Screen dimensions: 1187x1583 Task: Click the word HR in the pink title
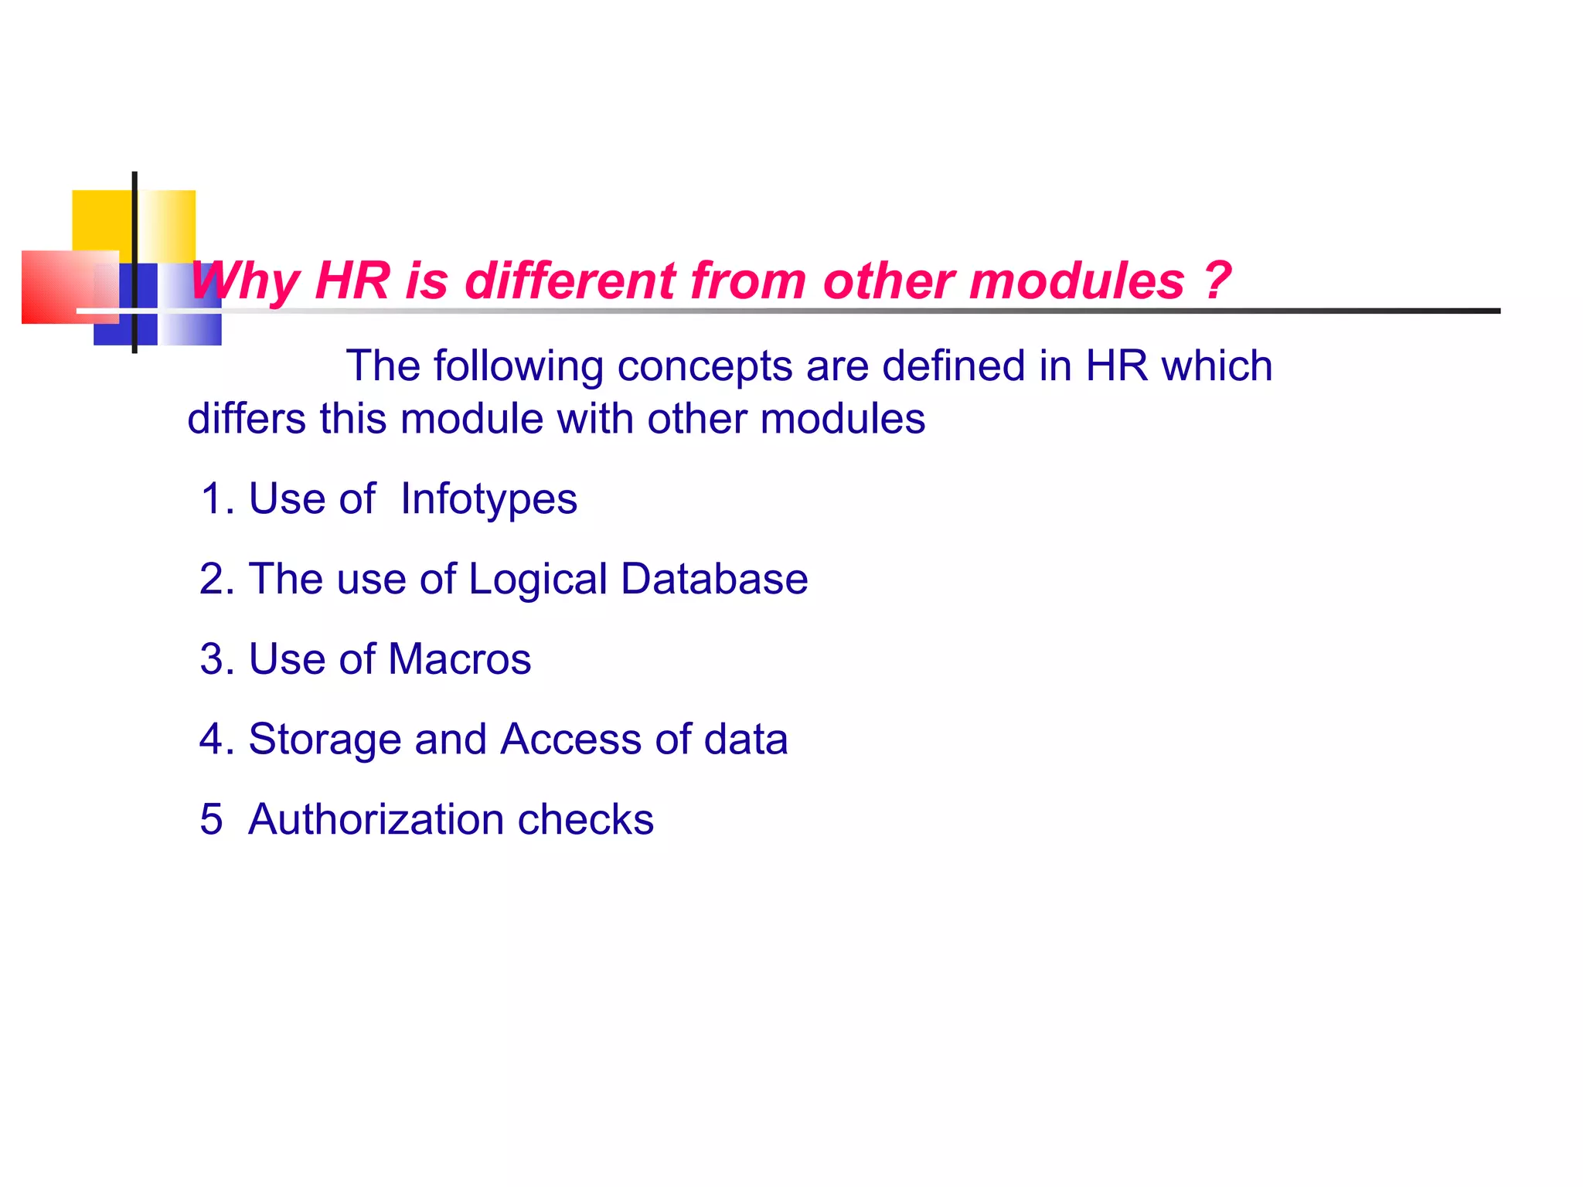(x=352, y=280)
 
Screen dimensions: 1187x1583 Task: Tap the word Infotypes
(x=489, y=499)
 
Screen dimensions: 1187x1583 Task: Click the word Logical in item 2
(x=538, y=580)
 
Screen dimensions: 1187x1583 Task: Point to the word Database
(x=714, y=579)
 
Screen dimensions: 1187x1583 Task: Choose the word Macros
(x=459, y=659)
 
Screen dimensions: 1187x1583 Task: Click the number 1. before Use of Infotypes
(x=216, y=499)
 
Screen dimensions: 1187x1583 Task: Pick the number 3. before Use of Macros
(x=216, y=659)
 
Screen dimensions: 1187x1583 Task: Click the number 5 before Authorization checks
(x=211, y=819)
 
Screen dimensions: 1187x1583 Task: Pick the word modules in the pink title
(x=1076, y=280)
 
